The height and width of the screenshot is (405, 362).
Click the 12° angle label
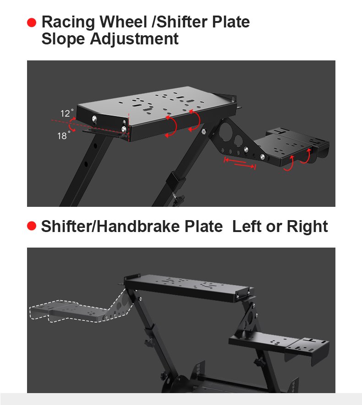point(67,113)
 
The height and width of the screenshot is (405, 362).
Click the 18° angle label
point(64,135)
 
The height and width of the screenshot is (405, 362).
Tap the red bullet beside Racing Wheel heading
point(32,22)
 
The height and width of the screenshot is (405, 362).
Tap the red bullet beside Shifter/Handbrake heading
point(32,226)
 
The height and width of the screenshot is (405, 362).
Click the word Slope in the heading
point(63,39)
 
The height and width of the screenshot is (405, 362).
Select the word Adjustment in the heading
point(134,39)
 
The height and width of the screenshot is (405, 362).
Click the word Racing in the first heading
point(68,22)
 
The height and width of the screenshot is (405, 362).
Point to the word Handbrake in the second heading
point(138,227)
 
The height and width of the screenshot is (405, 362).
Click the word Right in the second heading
point(307,227)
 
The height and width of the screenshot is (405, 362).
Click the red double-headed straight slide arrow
point(240,163)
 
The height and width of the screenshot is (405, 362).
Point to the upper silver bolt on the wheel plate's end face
point(95,119)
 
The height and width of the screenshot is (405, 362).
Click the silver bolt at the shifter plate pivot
point(263,157)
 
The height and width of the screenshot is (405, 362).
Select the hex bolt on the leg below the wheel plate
point(203,132)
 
